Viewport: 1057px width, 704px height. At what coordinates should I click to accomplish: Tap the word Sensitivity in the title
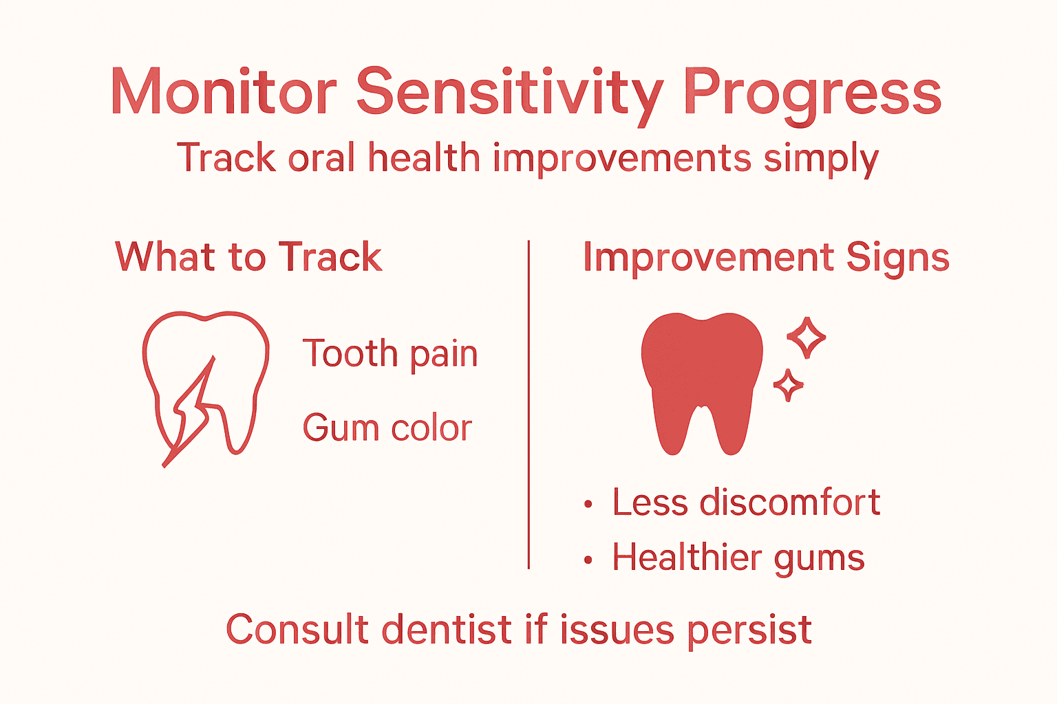pyautogui.click(x=510, y=93)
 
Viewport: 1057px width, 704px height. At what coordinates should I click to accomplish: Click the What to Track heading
pyautogui.click(x=248, y=257)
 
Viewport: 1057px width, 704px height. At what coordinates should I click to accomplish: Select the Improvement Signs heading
pyautogui.click(x=766, y=258)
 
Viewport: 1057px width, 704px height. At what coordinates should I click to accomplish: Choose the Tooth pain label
pyautogui.click(x=390, y=355)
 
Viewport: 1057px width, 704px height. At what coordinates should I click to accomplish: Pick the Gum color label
pyautogui.click(x=387, y=428)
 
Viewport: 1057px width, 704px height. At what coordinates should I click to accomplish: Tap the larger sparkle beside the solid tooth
pyautogui.click(x=806, y=338)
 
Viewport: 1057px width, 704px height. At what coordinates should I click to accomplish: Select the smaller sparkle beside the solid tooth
pyautogui.click(x=788, y=386)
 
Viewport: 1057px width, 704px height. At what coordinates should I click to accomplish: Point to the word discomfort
pyautogui.click(x=790, y=502)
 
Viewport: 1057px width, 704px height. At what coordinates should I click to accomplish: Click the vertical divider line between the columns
pyautogui.click(x=528, y=406)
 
